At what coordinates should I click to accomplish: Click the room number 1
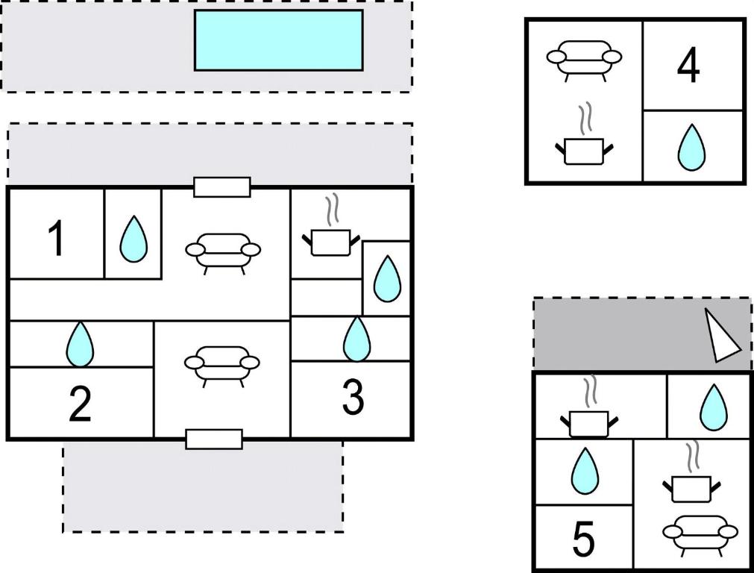coord(56,239)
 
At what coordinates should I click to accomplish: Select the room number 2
coord(80,404)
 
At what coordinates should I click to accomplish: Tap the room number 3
coord(353,398)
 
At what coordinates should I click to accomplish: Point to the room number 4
coord(688,66)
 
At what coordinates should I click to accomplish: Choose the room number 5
coord(583,539)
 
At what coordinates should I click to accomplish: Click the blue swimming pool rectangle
coord(278,40)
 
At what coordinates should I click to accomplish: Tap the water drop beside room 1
coord(133,239)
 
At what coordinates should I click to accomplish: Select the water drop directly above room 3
coord(356,339)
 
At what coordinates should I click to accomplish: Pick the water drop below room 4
coord(691,148)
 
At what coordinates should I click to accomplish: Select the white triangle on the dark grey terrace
coord(722,336)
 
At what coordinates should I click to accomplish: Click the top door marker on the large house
coord(222,187)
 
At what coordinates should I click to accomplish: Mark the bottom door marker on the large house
coord(214,439)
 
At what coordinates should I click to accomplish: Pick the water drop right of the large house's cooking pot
coord(386,279)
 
